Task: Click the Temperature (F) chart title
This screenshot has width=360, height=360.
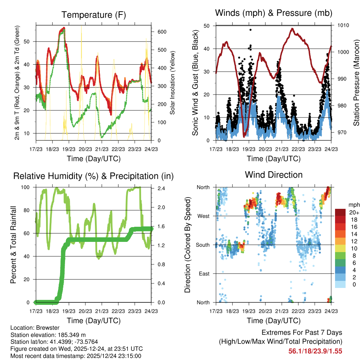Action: pos(94,15)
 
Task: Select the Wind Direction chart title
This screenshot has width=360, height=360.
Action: pos(274,175)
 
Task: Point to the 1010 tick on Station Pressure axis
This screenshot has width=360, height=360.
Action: pos(344,25)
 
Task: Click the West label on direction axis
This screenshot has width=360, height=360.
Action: pos(204,216)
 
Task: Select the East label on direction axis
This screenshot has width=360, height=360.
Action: pos(204,274)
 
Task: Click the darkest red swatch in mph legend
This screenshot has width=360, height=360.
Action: pos(340,212)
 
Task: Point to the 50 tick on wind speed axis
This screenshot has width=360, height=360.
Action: pos(207,26)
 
